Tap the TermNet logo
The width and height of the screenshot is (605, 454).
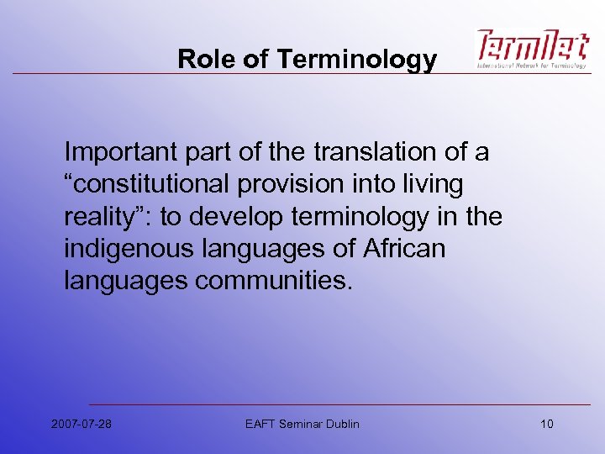[x=532, y=45]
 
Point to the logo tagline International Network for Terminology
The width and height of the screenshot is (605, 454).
[x=532, y=65]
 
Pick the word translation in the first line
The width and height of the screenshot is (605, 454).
[x=366, y=153]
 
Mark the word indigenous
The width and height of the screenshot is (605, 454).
[x=128, y=249]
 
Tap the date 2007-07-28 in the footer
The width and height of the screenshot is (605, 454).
[x=82, y=424]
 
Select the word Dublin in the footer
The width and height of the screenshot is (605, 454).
[x=342, y=424]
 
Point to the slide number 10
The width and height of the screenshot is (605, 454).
[x=546, y=424]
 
